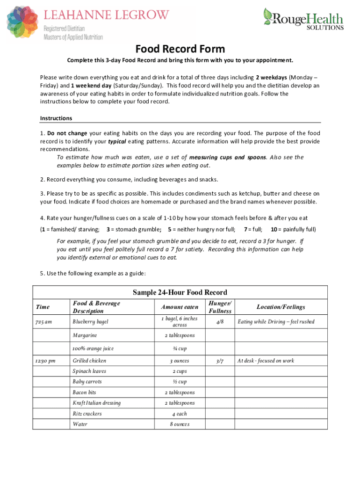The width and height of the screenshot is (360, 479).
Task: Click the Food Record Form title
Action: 180,49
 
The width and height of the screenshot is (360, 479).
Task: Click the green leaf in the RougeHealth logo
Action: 268,16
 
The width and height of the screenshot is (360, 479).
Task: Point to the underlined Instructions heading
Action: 56,118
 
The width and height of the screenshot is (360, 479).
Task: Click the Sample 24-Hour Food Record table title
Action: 180,293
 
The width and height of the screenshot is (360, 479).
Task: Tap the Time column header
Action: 43,307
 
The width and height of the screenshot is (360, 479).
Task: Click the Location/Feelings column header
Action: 281,307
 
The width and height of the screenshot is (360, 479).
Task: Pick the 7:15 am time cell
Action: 43,322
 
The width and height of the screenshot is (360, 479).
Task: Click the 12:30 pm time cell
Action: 45,361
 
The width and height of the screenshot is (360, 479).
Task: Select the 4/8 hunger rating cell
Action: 220,322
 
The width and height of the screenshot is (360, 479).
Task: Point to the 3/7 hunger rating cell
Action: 220,361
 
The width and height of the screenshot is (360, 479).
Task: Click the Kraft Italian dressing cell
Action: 96,403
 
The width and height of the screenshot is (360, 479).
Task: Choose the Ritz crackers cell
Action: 87,414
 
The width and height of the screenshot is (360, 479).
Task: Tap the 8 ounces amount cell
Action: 180,424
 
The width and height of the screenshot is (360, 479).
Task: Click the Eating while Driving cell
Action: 276,322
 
